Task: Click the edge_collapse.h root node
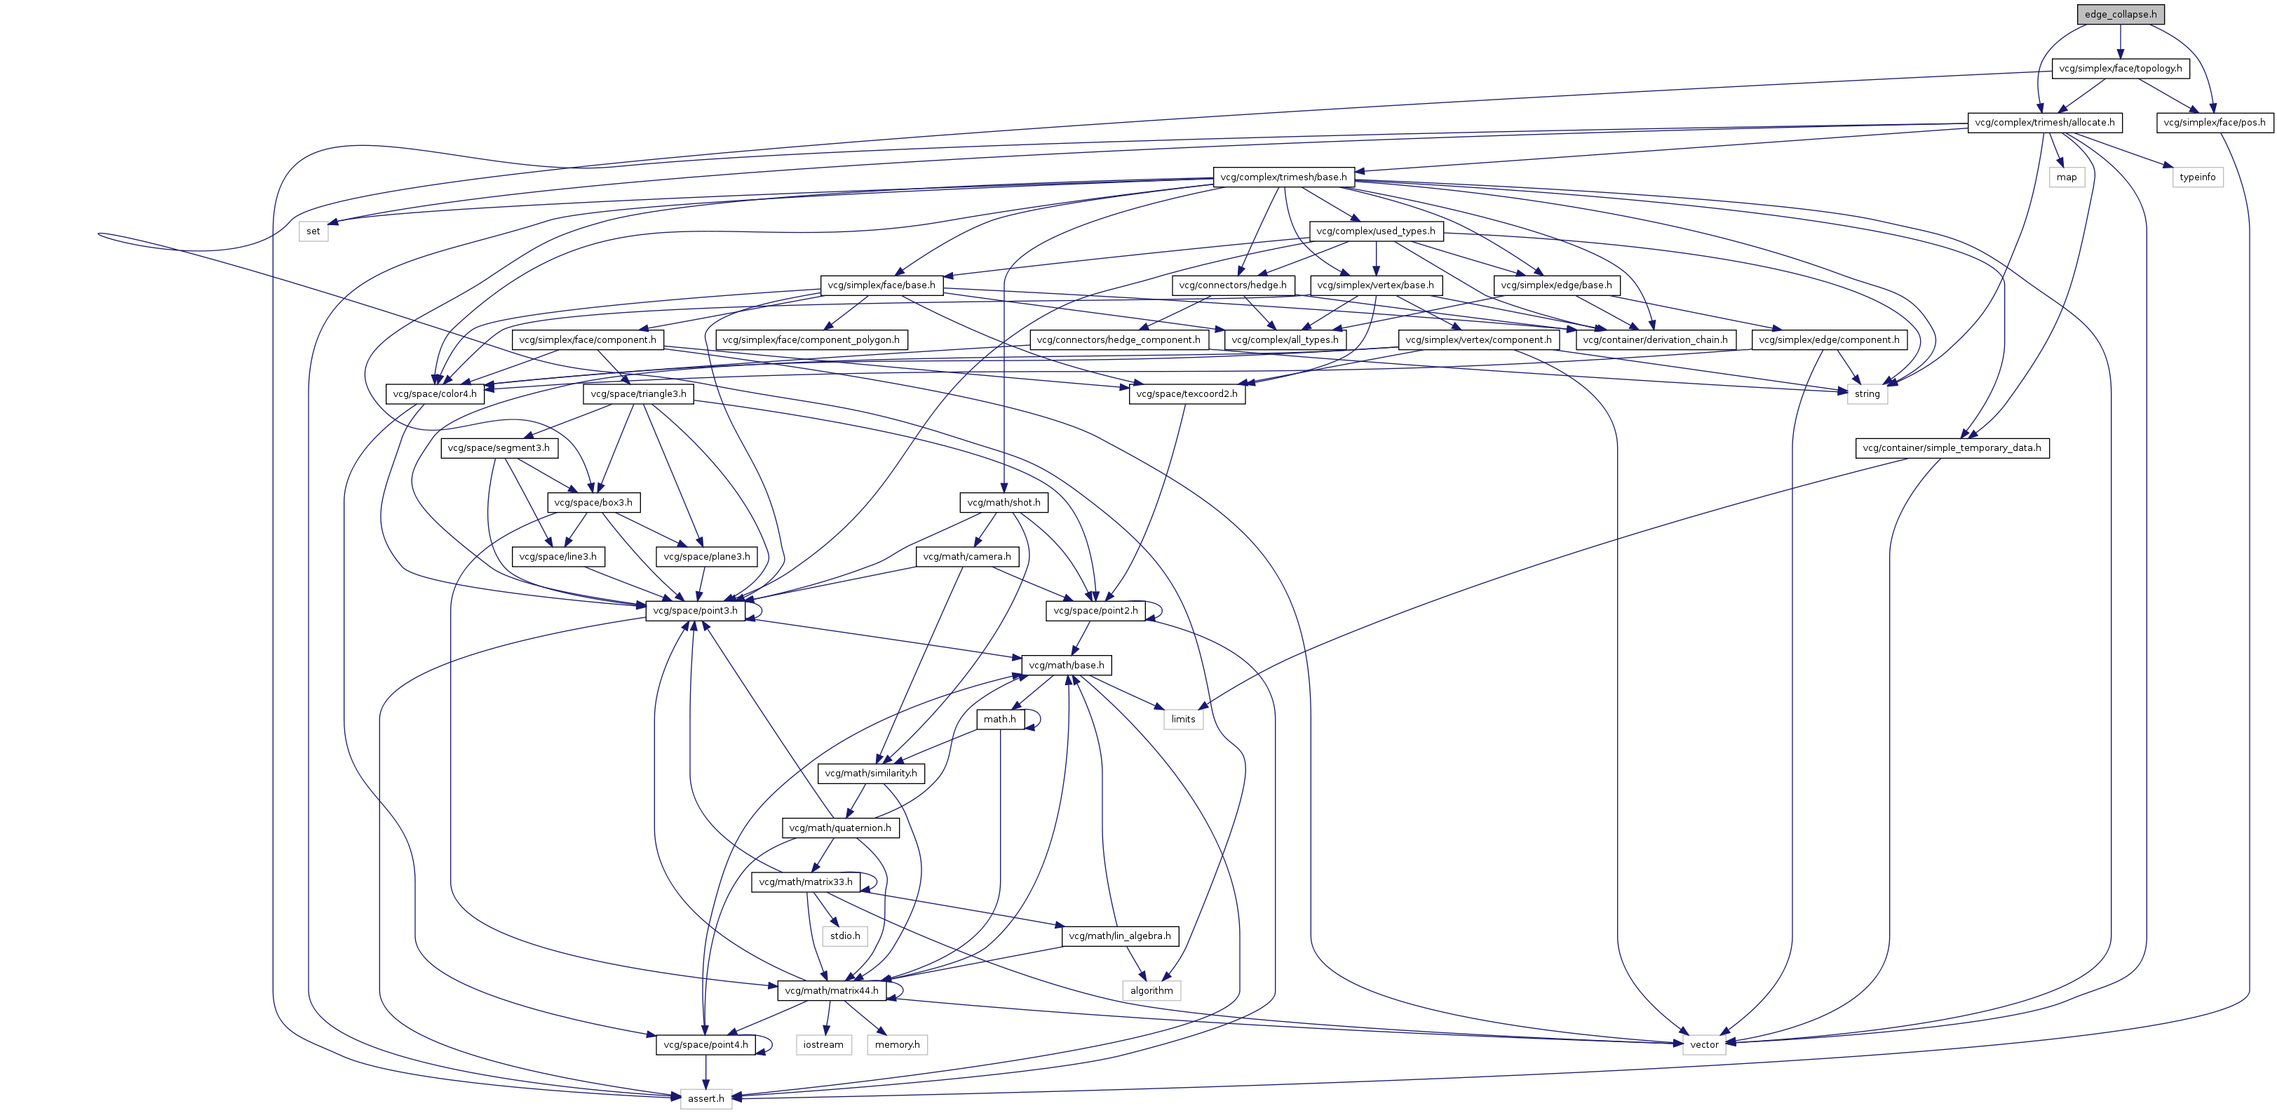(x=2120, y=14)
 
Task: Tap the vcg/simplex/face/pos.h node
(x=2213, y=122)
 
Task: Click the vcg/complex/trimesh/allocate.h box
(x=2044, y=122)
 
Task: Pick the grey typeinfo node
(x=2196, y=177)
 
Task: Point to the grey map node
(x=2066, y=177)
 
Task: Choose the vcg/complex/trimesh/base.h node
(x=1283, y=177)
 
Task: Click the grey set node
(x=313, y=231)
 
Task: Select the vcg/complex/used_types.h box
(x=1375, y=231)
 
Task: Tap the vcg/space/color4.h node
(x=435, y=393)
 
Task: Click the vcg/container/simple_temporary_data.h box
(x=1952, y=447)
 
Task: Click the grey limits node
(x=1183, y=719)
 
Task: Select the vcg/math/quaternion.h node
(x=839, y=828)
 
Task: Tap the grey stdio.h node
(x=844, y=936)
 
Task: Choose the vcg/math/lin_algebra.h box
(x=1119, y=936)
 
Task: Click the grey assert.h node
(x=705, y=1098)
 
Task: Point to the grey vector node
(x=1703, y=1044)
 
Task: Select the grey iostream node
(x=823, y=1044)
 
